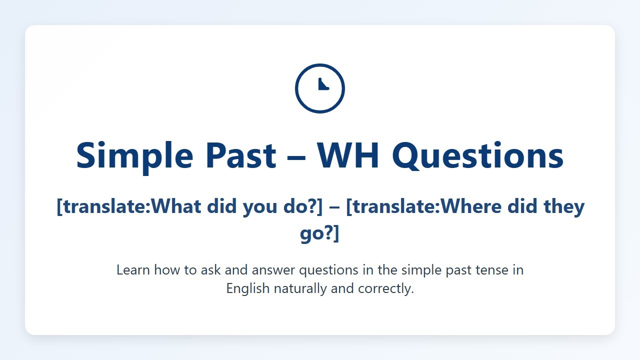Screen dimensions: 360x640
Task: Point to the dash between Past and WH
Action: (x=296, y=156)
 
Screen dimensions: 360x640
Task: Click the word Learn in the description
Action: (x=133, y=270)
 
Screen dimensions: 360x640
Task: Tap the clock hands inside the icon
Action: (x=322, y=85)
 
